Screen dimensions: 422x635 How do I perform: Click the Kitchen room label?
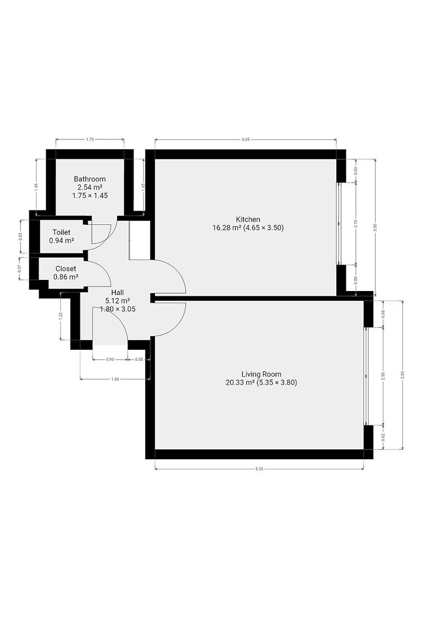click(x=248, y=219)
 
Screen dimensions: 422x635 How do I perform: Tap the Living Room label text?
click(x=261, y=374)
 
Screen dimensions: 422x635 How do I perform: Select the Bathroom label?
click(x=89, y=179)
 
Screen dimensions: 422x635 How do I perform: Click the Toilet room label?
click(x=61, y=232)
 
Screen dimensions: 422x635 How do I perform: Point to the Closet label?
click(x=66, y=268)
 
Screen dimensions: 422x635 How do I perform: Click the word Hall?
click(x=118, y=292)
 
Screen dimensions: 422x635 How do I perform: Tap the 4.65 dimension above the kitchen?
click(x=246, y=140)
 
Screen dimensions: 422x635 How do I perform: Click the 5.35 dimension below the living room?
click(x=259, y=469)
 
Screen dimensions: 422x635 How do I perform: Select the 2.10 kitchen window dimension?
click(x=356, y=223)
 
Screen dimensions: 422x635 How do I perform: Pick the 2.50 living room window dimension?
click(x=383, y=376)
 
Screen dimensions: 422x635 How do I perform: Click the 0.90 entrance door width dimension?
click(x=110, y=359)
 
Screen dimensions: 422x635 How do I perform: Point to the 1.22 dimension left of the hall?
click(x=61, y=315)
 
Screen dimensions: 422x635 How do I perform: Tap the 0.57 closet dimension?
click(x=20, y=269)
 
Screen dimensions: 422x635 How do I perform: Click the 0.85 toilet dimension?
click(x=21, y=237)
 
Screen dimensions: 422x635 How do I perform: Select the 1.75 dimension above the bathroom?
click(x=89, y=140)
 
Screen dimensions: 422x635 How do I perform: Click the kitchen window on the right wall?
click(x=339, y=223)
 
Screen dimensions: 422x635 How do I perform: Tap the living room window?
click(x=365, y=376)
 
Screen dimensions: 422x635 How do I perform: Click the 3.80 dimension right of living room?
click(x=402, y=375)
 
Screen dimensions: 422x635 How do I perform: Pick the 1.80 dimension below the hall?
click(x=115, y=379)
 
